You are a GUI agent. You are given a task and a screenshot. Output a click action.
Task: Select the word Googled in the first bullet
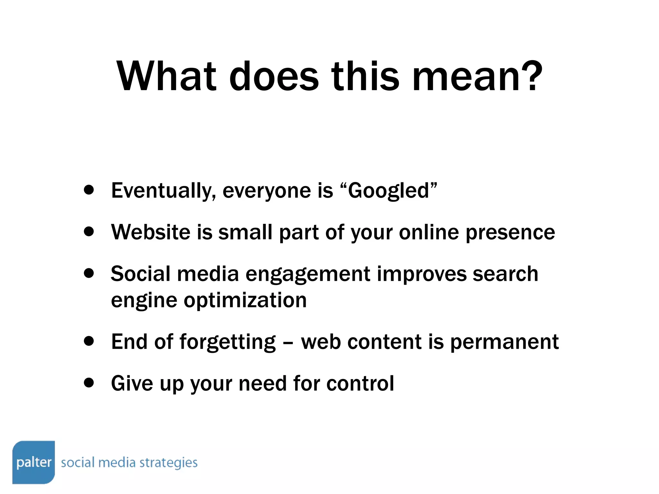[388, 191]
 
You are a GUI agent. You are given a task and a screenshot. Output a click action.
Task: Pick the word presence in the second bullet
[510, 233]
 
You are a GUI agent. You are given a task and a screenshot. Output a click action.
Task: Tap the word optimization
[245, 301]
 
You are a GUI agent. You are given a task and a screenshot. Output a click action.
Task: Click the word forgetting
[227, 342]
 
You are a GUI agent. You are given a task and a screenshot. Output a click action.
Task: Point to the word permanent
[504, 342]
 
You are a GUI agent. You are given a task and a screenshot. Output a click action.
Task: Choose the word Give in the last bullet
[132, 383]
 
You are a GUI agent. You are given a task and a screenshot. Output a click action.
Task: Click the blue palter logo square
[34, 462]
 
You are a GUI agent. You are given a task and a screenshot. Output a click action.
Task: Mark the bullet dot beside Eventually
[88, 190]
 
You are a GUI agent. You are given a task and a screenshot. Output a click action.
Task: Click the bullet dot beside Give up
[88, 383]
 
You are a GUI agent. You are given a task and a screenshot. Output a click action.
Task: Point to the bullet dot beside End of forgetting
[88, 341]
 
